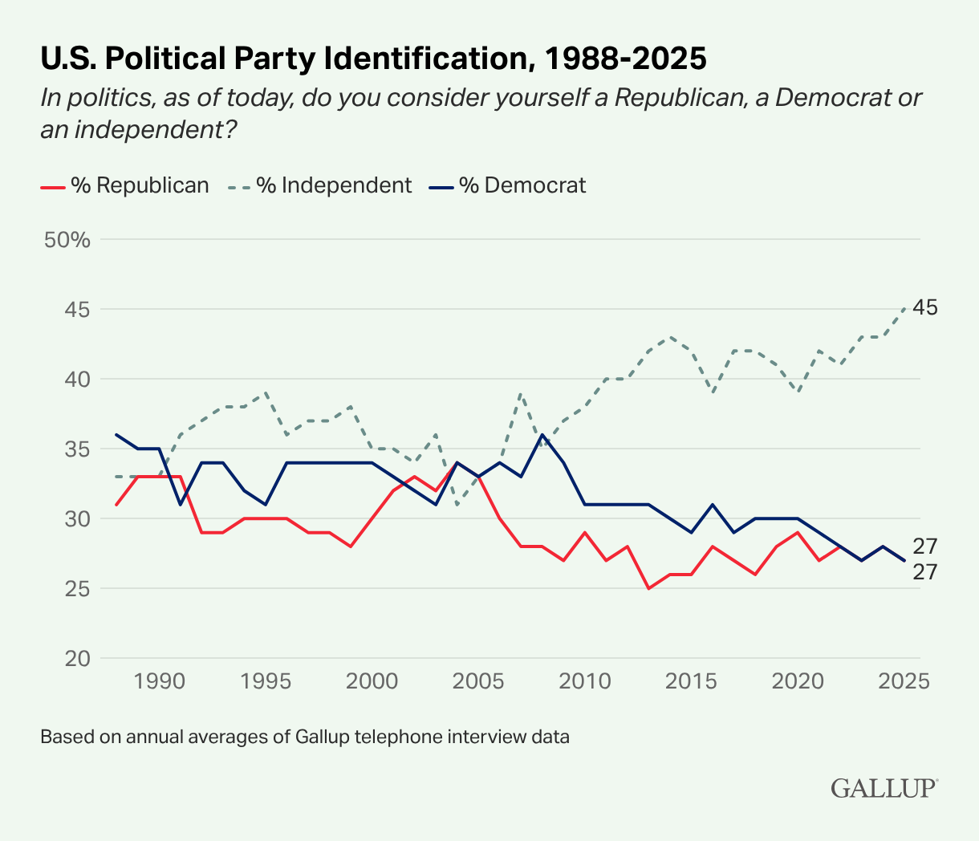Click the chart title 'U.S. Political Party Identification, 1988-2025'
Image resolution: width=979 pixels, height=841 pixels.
click(x=373, y=59)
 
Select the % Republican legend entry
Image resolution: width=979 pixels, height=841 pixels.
click(x=124, y=185)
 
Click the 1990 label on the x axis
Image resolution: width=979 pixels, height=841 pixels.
click(x=159, y=681)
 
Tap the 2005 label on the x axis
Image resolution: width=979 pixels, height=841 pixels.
click(x=478, y=681)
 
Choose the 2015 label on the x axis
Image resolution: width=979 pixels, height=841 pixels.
click(x=691, y=681)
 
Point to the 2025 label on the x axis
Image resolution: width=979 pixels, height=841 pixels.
click(x=904, y=681)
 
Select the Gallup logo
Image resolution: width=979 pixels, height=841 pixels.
click(x=884, y=787)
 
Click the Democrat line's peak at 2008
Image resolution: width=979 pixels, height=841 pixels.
click(x=542, y=435)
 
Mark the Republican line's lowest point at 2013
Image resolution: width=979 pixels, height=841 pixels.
click(x=648, y=588)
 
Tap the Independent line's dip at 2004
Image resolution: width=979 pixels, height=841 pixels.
click(x=457, y=505)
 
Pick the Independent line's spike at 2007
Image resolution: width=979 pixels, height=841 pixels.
click(x=521, y=393)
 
